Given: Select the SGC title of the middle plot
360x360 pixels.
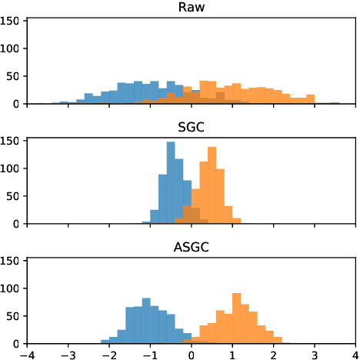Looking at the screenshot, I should point(191,127).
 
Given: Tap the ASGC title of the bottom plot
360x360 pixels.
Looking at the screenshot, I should point(191,247).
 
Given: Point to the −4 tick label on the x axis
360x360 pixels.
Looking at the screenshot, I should point(27,354).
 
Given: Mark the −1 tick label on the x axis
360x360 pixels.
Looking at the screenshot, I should point(150,354).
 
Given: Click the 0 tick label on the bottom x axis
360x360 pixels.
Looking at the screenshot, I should point(192,354).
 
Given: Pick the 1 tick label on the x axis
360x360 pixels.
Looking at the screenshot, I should point(232,354).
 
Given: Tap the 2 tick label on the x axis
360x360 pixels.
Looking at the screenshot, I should point(273,354).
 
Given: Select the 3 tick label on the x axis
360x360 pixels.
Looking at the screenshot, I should point(314,354).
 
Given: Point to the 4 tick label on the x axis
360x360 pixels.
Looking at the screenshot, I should point(355,354).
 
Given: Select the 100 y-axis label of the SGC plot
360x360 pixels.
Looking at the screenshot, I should point(12,168).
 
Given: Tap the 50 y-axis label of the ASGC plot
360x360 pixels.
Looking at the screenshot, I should point(15,316).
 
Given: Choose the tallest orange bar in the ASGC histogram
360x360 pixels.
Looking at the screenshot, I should point(236,318).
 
